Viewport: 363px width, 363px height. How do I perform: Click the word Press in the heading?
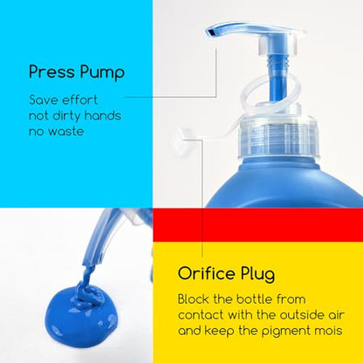[x=51, y=72]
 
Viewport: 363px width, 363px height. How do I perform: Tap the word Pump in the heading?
[x=102, y=73]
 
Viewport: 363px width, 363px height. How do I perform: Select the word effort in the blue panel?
[x=79, y=99]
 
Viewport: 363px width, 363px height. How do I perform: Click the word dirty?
[x=66, y=115]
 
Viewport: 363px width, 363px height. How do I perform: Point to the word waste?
[x=65, y=132]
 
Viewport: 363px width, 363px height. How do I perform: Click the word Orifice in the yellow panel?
[x=207, y=273]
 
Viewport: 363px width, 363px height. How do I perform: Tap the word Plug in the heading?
[x=257, y=275]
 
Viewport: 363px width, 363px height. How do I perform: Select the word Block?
[x=193, y=299]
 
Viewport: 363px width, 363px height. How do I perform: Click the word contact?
[x=201, y=315]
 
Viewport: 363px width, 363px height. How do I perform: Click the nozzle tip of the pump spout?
[x=210, y=32]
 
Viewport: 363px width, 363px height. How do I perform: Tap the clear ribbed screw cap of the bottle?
[x=278, y=137]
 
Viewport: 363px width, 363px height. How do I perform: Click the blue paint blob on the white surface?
[x=81, y=315]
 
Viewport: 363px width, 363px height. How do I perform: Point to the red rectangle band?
[x=257, y=225]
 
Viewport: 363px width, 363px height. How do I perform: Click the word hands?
[x=103, y=115]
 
